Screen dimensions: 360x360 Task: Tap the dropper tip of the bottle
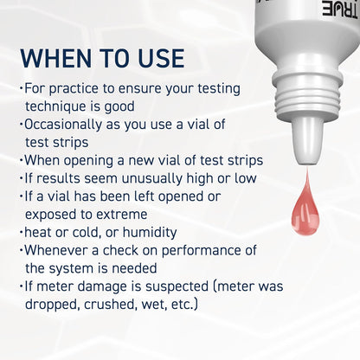[x=305, y=142]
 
